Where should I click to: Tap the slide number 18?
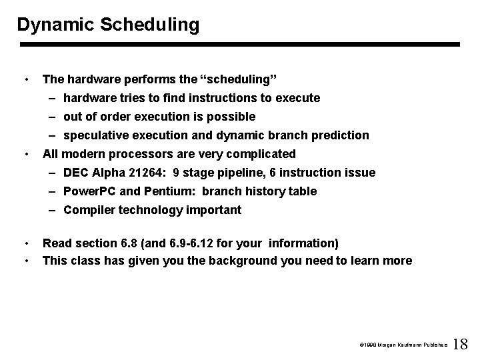[x=461, y=345]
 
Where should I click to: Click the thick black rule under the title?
[x=240, y=45]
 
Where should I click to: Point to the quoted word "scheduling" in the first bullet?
[x=237, y=79]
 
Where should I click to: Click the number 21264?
[x=147, y=173]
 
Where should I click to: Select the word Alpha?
[x=109, y=173]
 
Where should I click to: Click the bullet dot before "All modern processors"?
[x=25, y=154]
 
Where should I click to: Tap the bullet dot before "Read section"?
[x=25, y=243]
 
